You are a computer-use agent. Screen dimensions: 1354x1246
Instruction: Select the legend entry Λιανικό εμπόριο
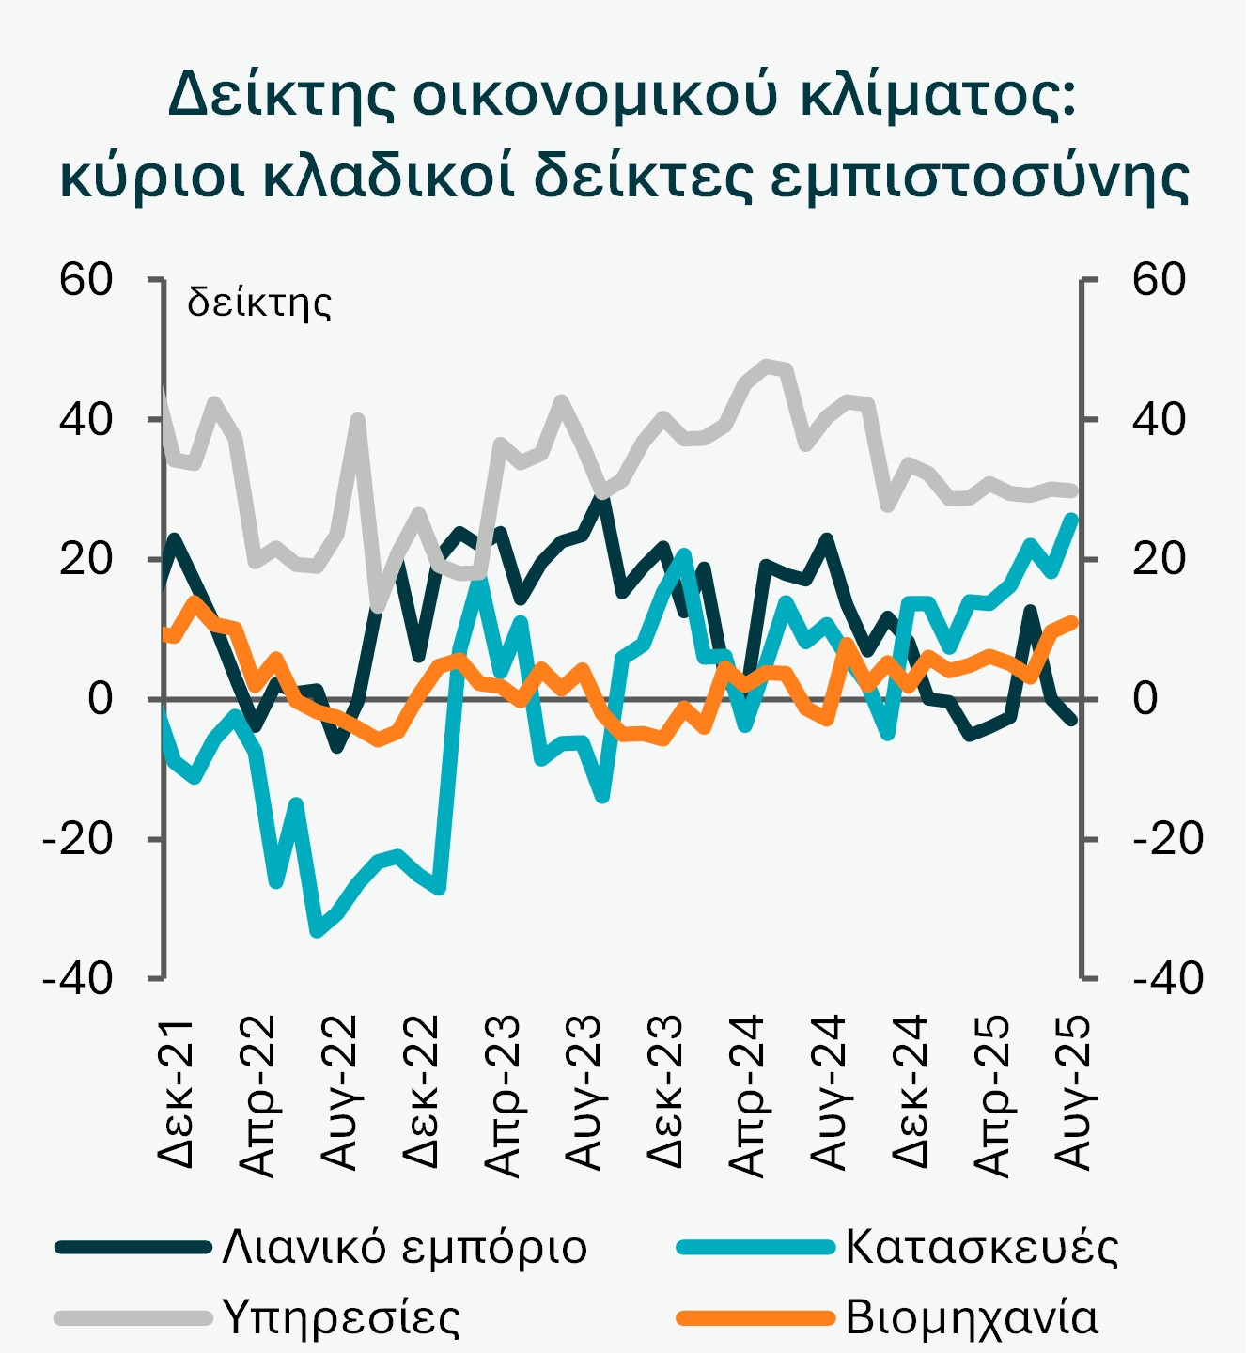[404, 1247]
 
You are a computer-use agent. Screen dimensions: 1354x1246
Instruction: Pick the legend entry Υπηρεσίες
[341, 1316]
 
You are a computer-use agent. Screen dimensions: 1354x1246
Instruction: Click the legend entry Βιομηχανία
[972, 1316]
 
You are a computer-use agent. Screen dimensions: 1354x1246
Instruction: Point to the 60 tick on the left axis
[86, 279]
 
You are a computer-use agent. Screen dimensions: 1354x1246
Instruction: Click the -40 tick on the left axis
[77, 978]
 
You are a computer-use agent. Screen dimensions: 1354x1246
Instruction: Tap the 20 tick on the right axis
[1159, 559]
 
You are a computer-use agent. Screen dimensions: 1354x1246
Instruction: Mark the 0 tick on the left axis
[101, 699]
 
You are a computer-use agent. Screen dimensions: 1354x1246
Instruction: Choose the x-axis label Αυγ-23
[584, 1092]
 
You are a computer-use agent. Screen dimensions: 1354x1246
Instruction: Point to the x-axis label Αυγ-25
[1073, 1092]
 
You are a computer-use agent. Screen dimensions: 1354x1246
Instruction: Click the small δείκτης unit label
[259, 303]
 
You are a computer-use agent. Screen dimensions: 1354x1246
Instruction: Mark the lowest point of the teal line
[317, 931]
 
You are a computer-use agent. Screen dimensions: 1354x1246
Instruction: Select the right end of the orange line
[1072, 621]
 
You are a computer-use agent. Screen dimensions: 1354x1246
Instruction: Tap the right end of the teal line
[1072, 517]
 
